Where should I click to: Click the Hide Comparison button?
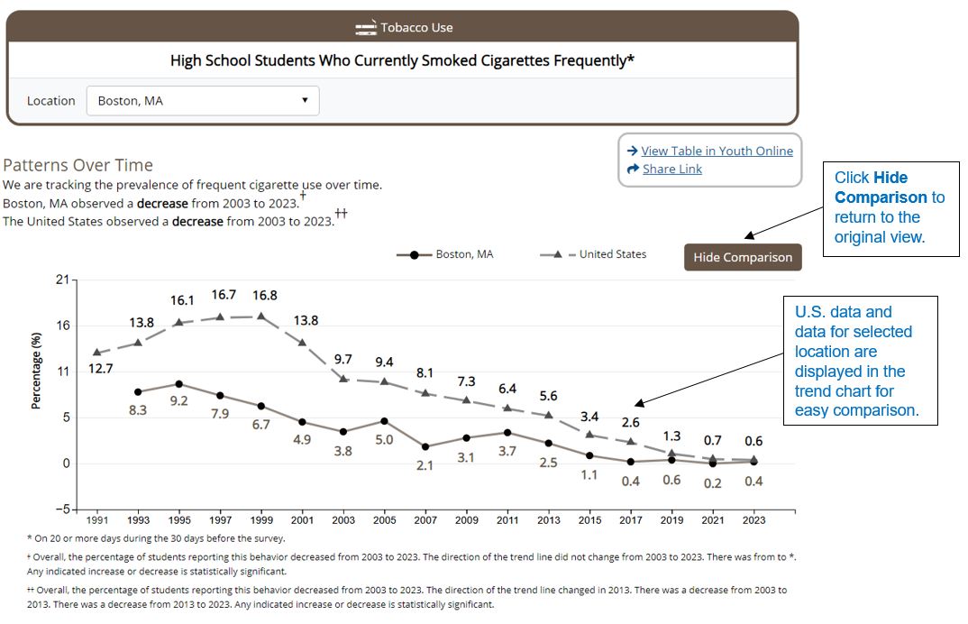point(743,257)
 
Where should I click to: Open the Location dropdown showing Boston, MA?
point(203,101)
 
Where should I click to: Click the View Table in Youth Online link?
point(717,151)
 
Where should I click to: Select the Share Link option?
point(671,169)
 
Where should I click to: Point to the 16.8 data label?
point(260,296)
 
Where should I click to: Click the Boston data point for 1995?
point(178,384)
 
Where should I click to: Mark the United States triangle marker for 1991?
point(96,353)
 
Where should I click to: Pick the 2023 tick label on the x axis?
point(753,520)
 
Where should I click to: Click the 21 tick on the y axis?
point(62,280)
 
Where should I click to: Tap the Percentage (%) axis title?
point(36,371)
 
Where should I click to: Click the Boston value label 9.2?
point(178,401)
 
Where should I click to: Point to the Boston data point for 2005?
point(384,421)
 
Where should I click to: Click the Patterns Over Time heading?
point(78,165)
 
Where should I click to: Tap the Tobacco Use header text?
point(416,27)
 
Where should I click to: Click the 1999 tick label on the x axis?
point(260,520)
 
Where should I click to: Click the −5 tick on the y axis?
point(60,509)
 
